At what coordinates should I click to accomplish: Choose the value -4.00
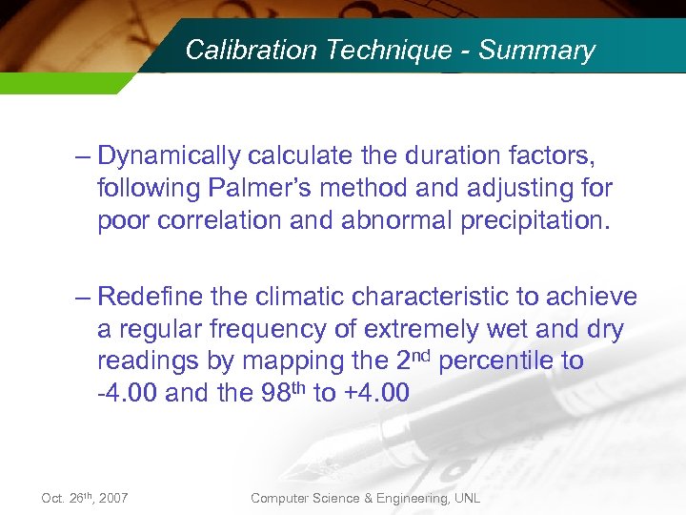tap(128, 394)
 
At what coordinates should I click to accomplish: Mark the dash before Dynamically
tap(83, 155)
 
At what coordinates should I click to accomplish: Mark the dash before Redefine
tap(83, 297)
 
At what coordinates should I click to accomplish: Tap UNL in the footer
tap(467, 498)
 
